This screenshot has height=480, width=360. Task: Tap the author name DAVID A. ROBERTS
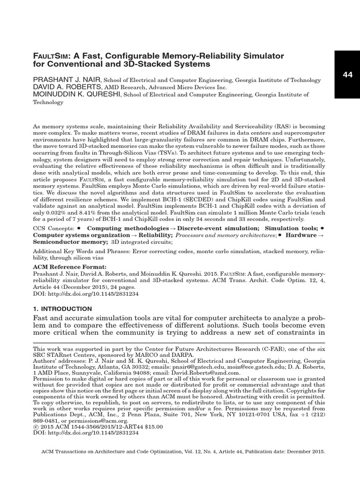(67, 87)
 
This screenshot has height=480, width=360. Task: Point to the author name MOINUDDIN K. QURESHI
(77, 95)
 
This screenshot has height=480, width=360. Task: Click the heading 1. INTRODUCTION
(62, 309)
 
